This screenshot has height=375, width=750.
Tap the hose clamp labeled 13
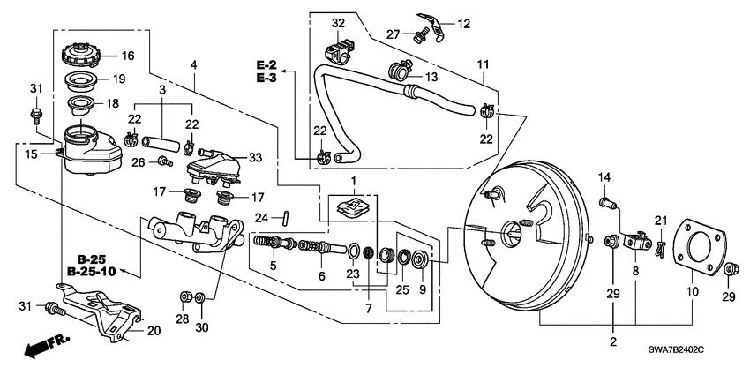(397, 68)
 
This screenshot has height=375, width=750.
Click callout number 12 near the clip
(464, 22)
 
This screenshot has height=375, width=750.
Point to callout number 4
(194, 64)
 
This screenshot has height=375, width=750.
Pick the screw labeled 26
(163, 161)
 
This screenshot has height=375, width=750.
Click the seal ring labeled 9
(417, 259)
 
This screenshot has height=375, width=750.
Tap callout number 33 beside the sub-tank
(256, 158)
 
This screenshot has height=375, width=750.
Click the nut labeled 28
(184, 295)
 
